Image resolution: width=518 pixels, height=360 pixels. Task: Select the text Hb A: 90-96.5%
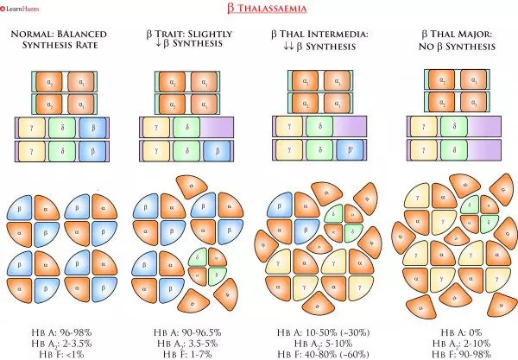pos(188,331)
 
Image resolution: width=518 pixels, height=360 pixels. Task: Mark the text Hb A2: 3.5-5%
pos(188,342)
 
